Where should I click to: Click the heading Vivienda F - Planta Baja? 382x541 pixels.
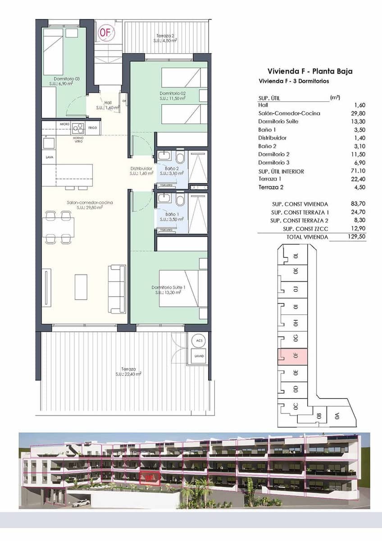click(310, 71)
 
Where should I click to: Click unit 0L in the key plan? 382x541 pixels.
click(296, 255)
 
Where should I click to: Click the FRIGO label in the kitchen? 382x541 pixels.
click(93, 128)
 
